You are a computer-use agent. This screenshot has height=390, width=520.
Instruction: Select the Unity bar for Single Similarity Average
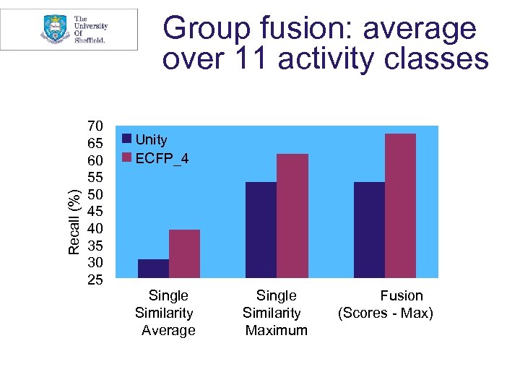tap(153, 268)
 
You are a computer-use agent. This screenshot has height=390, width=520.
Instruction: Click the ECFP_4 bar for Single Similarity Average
tap(184, 253)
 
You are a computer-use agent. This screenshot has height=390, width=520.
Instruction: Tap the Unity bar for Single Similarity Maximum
tap(261, 230)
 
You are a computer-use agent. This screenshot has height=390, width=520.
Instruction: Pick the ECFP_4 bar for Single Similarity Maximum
tap(292, 215)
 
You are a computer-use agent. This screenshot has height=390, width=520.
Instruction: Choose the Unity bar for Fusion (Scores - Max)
tap(369, 230)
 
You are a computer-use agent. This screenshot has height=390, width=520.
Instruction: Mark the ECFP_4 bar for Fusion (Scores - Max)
tap(400, 205)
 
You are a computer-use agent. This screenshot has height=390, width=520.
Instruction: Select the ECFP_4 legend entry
tap(155, 158)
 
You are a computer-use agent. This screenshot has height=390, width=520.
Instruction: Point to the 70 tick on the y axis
tap(95, 126)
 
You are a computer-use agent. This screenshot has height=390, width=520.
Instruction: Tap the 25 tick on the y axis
tap(95, 279)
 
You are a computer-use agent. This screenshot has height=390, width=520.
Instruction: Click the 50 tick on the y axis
tap(95, 194)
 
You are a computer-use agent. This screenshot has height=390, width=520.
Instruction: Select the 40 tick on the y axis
tap(95, 228)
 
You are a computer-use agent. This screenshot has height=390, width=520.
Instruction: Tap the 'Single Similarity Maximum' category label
tap(276, 313)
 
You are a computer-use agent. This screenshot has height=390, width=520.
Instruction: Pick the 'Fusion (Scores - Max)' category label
tap(386, 304)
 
